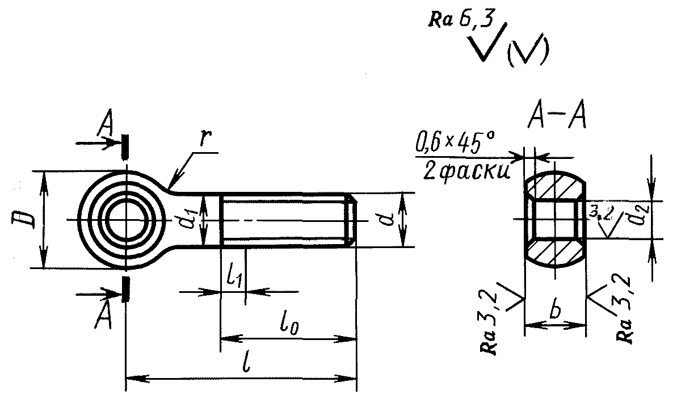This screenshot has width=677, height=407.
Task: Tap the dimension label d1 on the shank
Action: pyautogui.click(x=186, y=221)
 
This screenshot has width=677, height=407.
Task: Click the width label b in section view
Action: pyautogui.click(x=555, y=311)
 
